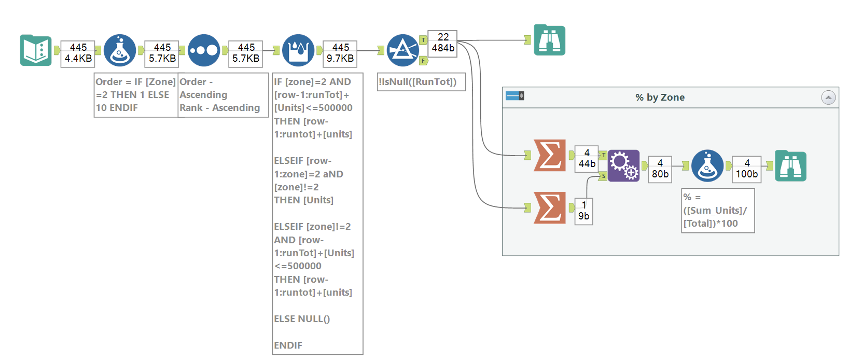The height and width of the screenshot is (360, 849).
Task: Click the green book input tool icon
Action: [x=36, y=50]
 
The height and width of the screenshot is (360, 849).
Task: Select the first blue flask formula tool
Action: [x=120, y=50]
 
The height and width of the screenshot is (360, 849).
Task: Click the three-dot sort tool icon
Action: [x=204, y=50]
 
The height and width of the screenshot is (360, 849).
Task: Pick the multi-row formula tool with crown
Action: [x=298, y=50]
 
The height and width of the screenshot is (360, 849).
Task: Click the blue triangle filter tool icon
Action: [x=403, y=50]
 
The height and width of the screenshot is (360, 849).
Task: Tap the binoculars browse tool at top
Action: [x=550, y=40]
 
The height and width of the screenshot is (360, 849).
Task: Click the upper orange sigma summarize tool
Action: [x=550, y=155]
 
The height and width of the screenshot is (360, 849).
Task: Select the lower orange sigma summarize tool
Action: [x=550, y=207]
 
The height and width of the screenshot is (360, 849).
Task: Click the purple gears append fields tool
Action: [x=623, y=165]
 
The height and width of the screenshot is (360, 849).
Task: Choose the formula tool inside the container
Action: [x=707, y=165]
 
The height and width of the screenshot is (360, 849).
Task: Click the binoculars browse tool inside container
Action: [x=790, y=166]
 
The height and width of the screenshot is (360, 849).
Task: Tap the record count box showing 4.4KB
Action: [x=78, y=53]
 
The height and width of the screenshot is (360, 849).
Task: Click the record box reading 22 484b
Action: [x=443, y=43]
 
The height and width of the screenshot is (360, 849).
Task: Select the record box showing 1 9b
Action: [x=584, y=211]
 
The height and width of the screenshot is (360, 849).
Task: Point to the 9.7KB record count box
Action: [x=340, y=53]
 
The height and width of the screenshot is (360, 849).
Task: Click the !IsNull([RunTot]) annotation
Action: [x=421, y=82]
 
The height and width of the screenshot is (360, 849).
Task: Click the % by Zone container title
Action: [x=660, y=98]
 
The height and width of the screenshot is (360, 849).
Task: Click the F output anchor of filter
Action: [x=424, y=61]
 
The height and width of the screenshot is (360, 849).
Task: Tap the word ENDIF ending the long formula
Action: [x=288, y=345]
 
